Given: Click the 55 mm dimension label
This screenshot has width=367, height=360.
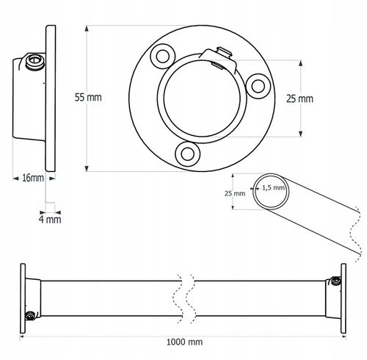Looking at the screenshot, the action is (x=88, y=97).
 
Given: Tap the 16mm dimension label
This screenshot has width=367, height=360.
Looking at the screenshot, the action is (x=33, y=178).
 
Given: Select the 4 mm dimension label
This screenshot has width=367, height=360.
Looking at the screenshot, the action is (x=50, y=219).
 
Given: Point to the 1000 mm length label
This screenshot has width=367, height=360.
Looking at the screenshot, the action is (x=184, y=342).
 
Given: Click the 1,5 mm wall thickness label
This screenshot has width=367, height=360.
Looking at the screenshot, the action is (x=273, y=188).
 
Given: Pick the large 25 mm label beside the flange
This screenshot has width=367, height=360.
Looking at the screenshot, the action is (x=299, y=98).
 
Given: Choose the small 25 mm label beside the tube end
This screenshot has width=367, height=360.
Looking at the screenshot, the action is (x=235, y=193).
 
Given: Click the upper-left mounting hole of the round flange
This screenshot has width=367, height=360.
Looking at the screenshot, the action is (x=163, y=57).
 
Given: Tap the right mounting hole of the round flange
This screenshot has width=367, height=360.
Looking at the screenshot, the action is (x=258, y=86).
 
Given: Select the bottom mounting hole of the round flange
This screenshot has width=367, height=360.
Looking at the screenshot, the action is (x=188, y=154).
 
